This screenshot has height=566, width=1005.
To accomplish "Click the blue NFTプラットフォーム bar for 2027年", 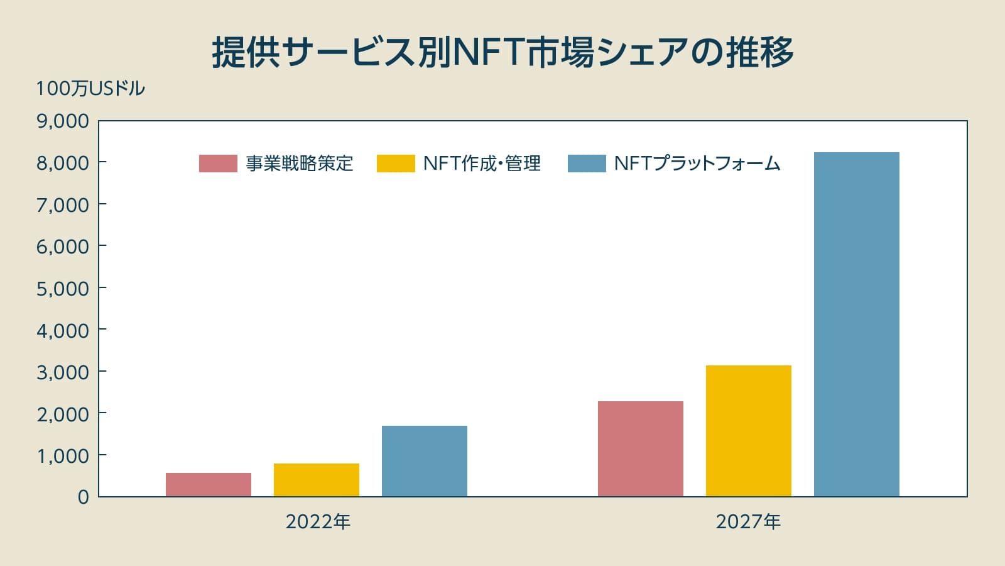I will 856,324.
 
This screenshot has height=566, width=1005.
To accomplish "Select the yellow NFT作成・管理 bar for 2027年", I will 748,431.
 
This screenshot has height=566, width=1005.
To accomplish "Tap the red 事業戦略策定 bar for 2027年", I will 640,448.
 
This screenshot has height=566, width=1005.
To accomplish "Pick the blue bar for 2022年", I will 424,461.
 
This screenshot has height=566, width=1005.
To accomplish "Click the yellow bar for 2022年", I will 316,480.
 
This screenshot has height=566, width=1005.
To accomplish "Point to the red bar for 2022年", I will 208,484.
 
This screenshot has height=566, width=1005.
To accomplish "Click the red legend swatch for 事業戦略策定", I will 218,164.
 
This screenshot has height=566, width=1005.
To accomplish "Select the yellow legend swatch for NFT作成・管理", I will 396,164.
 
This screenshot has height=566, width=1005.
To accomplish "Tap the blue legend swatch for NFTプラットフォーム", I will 587,164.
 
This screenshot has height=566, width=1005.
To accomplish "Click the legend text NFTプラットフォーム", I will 697,164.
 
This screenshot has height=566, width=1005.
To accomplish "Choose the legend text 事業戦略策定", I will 300,164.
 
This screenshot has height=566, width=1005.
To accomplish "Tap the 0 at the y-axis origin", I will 83,497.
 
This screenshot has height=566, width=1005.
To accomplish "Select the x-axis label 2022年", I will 318,522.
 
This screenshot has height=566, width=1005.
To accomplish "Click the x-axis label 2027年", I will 748,522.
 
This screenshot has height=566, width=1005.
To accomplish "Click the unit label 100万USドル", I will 90,89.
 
